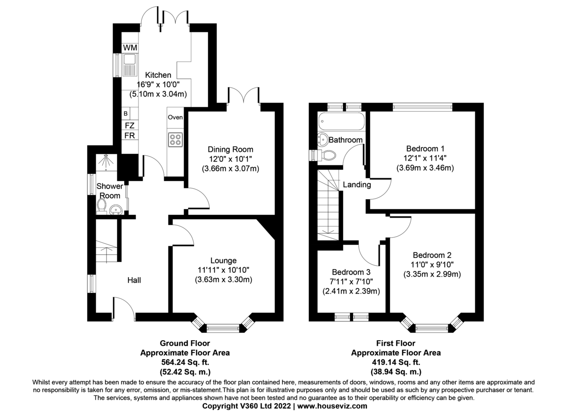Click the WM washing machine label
[x=130, y=48]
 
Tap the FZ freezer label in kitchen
[x=129, y=125]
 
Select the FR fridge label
[x=129, y=135]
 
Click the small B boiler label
[x=126, y=114]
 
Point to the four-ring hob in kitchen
[x=175, y=139]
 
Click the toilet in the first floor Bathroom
[x=327, y=155]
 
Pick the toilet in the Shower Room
[x=101, y=206]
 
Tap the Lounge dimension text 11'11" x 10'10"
[x=223, y=270]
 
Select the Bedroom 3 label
[x=351, y=272]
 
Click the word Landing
[x=357, y=185]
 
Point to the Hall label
[x=134, y=280]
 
